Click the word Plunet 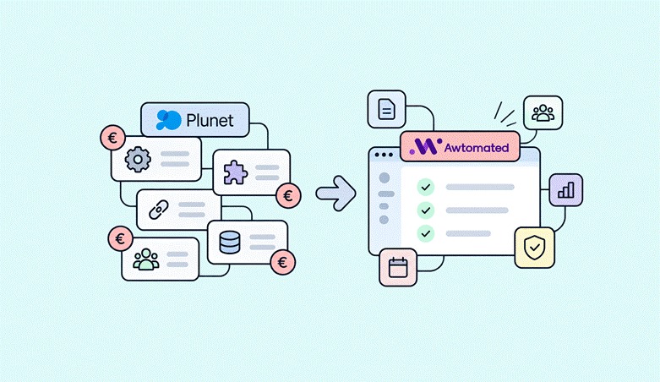[x=210, y=121]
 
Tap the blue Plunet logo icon [x=168, y=120]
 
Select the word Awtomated [x=477, y=148]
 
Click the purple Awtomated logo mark [x=426, y=146]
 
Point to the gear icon [x=138, y=159]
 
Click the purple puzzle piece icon [x=235, y=172]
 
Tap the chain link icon [x=159, y=210]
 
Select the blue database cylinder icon [x=230, y=243]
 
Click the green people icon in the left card [x=146, y=259]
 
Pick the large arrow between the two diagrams [x=335, y=194]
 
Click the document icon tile [x=386, y=109]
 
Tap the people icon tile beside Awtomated [x=543, y=113]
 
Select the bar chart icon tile [x=566, y=190]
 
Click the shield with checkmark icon [x=535, y=248]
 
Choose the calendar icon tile [x=398, y=267]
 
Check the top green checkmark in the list [x=426, y=187]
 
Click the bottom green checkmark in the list [x=426, y=233]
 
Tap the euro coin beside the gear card [x=112, y=138]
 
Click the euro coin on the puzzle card [x=288, y=196]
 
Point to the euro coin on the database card [x=282, y=262]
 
